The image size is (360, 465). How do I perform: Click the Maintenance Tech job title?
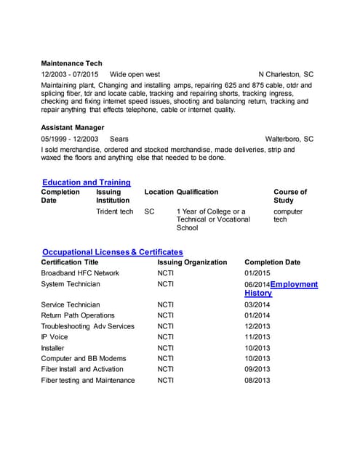click(71, 63)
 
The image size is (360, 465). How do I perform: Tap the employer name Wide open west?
click(135, 74)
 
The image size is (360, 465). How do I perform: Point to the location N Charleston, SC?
click(286, 74)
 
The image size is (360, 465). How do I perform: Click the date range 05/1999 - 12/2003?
click(70, 138)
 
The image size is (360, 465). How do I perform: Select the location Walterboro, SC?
click(289, 138)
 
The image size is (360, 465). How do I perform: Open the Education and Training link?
click(87, 182)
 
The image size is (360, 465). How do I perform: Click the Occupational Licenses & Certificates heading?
click(113, 251)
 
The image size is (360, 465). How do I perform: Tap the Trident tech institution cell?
click(115, 211)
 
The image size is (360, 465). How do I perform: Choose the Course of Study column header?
click(290, 196)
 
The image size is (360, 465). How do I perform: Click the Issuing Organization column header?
click(192, 262)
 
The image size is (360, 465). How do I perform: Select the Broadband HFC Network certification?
click(80, 273)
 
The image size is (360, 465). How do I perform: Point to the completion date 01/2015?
click(257, 273)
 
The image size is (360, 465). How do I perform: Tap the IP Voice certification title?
click(55, 337)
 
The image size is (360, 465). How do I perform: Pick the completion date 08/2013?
click(257, 380)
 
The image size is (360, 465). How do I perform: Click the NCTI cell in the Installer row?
click(166, 348)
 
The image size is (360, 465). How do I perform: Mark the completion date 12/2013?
click(257, 326)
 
